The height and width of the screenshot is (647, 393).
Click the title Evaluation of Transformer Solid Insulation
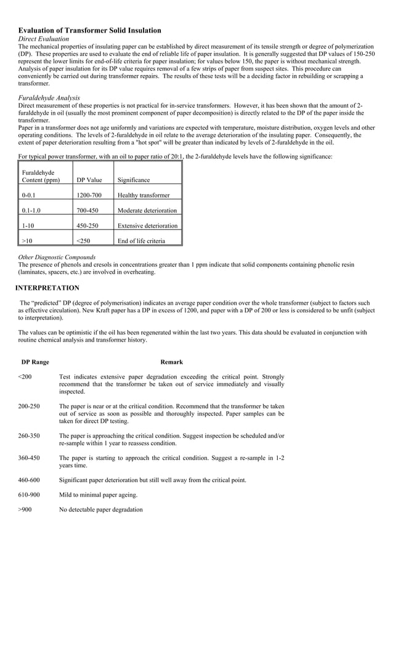[90, 30]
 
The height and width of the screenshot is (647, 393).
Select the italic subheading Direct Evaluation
[44, 39]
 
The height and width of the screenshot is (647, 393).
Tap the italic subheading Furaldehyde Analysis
[49, 98]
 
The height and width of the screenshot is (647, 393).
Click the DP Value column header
[89, 180]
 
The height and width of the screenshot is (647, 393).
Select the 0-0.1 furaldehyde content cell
[29, 195]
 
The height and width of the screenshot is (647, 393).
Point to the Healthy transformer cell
[143, 195]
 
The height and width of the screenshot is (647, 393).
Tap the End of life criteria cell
[140, 241]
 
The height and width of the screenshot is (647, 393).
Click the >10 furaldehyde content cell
[28, 241]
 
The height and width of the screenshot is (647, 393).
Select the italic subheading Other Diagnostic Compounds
[57, 257]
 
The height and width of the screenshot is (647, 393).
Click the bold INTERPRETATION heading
[47, 287]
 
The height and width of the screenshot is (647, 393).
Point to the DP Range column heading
[35, 362]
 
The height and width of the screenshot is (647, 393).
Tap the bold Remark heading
[171, 362]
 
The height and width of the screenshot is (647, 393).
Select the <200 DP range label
[25, 376]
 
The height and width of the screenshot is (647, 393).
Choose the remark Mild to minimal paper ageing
[99, 495]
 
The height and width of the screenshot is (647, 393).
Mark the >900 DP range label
[25, 510]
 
